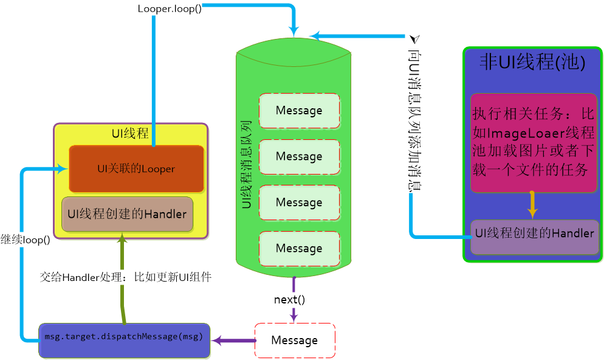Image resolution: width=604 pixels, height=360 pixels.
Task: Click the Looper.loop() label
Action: (170, 9)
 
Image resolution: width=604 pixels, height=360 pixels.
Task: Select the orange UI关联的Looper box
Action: (136, 168)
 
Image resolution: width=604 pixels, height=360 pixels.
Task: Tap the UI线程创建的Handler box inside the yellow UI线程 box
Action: (127, 214)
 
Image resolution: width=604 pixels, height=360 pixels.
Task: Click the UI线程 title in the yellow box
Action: (130, 133)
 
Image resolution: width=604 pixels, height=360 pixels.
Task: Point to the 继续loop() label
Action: (26, 239)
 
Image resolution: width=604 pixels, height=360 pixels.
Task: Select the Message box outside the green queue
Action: (294, 340)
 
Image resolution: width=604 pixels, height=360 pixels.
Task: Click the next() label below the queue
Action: (289, 299)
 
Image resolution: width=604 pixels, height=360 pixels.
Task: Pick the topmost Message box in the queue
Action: (298, 111)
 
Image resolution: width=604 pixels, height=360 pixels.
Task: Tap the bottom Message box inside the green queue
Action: (298, 248)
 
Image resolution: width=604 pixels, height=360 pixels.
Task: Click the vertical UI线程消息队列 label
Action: (246, 165)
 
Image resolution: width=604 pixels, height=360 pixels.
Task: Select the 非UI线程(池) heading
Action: (532, 63)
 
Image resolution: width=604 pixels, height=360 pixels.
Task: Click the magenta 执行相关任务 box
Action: (533, 143)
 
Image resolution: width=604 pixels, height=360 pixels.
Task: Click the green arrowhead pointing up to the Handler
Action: (122, 240)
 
